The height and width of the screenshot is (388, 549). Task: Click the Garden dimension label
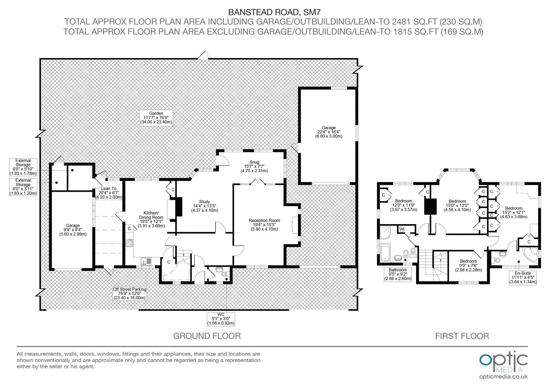[156, 117]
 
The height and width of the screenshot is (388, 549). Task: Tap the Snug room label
[254, 166]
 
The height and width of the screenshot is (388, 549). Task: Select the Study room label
[204, 206]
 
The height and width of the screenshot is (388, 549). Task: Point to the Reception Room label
[264, 225]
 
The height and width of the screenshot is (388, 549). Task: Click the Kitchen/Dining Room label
[151, 219]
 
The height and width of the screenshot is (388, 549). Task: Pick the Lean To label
[109, 193]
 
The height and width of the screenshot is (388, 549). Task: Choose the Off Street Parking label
[130, 294]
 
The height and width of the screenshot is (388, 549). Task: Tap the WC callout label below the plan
[221, 319]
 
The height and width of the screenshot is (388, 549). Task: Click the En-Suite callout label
[523, 277]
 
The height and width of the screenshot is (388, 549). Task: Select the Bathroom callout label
[397, 274]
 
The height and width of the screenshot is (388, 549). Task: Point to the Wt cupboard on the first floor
[402, 229]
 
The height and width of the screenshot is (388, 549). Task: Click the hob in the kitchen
[129, 243]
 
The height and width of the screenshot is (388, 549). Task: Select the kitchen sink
[146, 261]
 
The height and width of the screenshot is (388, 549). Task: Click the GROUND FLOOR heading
[207, 336]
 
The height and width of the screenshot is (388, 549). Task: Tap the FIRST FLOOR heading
[462, 336]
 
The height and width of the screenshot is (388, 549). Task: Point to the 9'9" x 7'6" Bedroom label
[469, 266]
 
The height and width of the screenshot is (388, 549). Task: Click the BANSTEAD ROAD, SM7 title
[274, 12]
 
